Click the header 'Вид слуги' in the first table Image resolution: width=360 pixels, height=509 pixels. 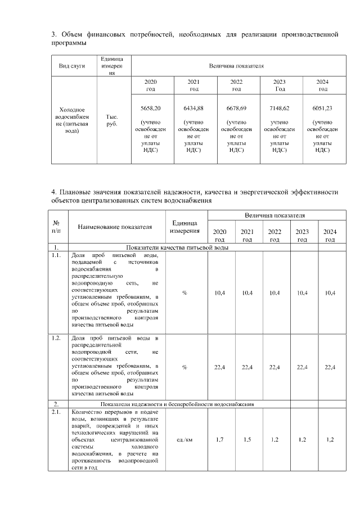[73, 66]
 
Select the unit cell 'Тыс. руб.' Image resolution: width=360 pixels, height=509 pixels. [112, 120]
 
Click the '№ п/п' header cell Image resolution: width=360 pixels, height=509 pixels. [57, 227]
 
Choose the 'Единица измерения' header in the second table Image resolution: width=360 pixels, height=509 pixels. [184, 227]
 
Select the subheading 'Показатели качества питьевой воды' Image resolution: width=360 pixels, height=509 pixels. [177, 247]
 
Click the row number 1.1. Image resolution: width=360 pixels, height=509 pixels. [56, 255]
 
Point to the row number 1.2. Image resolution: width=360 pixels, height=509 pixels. [56, 338]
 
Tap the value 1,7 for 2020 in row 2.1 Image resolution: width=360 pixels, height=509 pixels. [220, 439]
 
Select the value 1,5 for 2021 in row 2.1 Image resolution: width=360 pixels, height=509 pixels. [247, 439]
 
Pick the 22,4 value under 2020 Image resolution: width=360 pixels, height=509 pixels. [220, 367]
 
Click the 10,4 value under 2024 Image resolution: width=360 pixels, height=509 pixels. [330, 292]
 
